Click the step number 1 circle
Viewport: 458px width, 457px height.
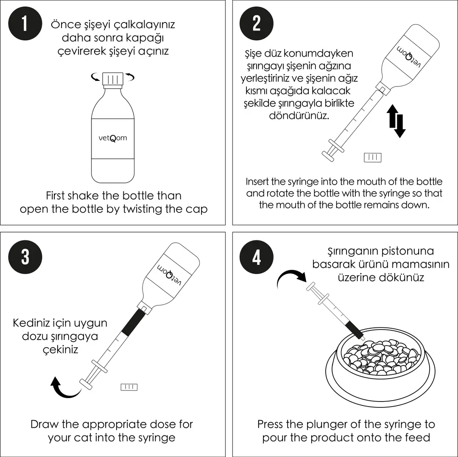(25, 24)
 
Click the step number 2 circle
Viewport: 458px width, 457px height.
(256, 24)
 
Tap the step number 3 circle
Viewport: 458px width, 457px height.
(25, 256)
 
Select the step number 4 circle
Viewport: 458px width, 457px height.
(256, 256)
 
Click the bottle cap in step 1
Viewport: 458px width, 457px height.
(113, 79)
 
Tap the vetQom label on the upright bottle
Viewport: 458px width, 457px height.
(112, 138)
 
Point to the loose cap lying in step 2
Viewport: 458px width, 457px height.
(372, 158)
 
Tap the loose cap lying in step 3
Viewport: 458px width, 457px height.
(129, 387)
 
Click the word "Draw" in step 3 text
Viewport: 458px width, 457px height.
(44, 424)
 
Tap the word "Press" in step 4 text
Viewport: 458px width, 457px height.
(272, 424)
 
